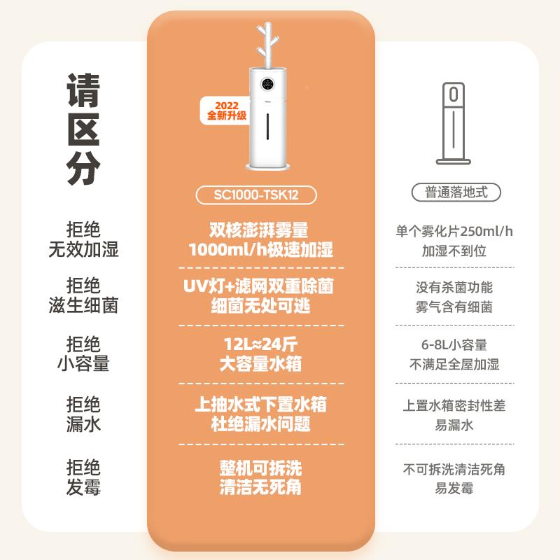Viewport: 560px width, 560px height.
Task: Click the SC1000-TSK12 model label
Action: click(260, 195)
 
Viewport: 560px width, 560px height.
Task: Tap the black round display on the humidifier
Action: click(268, 85)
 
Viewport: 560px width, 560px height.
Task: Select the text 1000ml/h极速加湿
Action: click(260, 250)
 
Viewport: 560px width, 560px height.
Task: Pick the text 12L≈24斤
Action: click(260, 345)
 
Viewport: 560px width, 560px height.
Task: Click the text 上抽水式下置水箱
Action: click(260, 405)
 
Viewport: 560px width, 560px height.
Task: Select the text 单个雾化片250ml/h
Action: click(456, 231)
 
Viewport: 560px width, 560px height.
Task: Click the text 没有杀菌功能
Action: click(456, 288)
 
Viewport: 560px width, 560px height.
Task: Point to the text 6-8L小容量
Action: click(456, 345)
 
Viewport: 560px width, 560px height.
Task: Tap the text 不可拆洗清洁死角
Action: click(456, 469)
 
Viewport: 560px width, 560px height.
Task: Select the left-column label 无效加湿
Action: click(83, 249)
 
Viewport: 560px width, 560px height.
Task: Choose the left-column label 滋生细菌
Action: click(83, 305)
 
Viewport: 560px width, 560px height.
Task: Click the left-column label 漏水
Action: click(83, 425)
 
